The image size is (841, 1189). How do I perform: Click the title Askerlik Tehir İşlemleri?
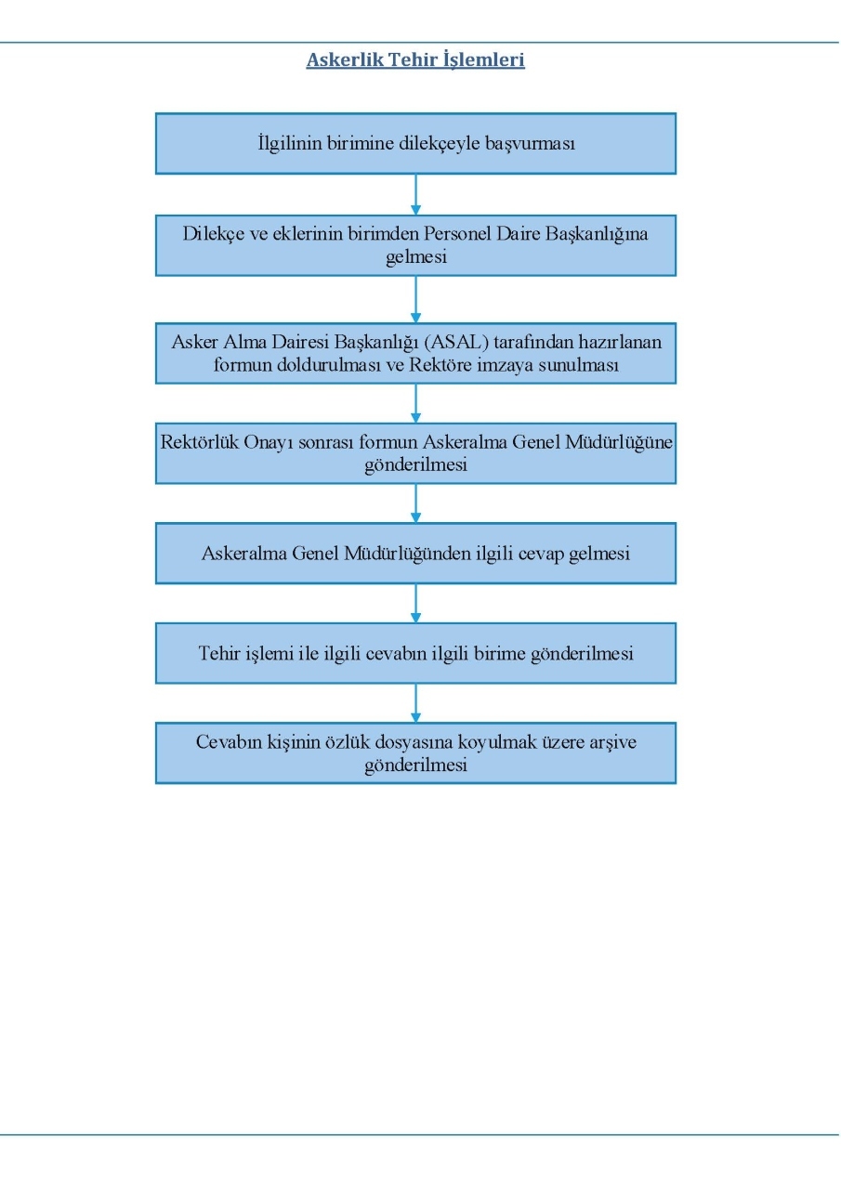point(415,60)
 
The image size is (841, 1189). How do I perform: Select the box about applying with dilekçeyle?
point(415,143)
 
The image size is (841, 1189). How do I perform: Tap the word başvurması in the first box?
point(530,144)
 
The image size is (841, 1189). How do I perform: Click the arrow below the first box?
point(415,194)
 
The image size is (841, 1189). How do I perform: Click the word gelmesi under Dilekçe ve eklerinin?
point(415,257)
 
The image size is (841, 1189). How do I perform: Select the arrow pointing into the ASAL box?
point(415,299)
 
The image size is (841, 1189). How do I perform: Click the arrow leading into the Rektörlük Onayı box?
point(415,403)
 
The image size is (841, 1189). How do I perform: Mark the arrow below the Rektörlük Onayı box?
point(415,503)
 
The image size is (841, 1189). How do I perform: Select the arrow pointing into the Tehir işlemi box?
point(415,604)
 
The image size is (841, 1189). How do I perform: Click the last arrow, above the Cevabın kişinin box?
point(415,703)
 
